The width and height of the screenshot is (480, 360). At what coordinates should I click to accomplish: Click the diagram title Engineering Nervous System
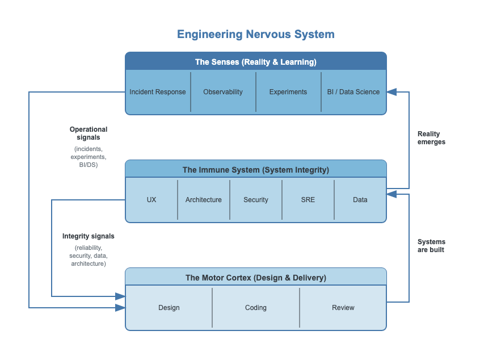tap(255, 34)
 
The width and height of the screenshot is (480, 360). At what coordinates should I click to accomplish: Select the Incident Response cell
tap(158, 92)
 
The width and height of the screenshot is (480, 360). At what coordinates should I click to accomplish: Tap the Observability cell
tap(223, 92)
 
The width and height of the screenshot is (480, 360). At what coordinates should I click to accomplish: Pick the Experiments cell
tap(288, 92)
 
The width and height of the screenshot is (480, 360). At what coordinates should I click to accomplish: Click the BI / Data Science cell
tap(353, 92)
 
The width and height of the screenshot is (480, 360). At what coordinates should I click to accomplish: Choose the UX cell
tap(151, 200)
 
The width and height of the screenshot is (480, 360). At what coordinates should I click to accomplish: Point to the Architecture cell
tap(204, 200)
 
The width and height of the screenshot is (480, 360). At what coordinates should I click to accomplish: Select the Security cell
tap(256, 200)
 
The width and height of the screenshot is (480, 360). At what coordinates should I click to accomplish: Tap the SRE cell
tap(308, 200)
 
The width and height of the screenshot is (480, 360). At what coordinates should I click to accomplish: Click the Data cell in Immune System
tap(360, 200)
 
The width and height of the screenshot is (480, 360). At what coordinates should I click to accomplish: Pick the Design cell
tap(169, 308)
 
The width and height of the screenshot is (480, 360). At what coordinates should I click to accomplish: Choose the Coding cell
tap(256, 308)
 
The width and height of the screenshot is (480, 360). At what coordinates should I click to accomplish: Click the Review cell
tap(343, 308)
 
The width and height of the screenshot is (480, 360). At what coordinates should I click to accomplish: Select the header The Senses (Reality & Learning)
tap(256, 62)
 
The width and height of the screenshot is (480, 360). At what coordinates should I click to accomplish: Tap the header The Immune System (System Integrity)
tap(256, 170)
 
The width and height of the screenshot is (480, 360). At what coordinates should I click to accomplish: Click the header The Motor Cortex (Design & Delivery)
tap(256, 278)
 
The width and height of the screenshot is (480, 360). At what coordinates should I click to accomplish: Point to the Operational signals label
tap(89, 133)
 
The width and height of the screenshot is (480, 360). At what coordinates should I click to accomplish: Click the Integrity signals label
tap(89, 236)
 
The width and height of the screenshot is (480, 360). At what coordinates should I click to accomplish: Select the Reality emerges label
tap(431, 138)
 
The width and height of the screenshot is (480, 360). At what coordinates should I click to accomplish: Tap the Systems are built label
tap(431, 245)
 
